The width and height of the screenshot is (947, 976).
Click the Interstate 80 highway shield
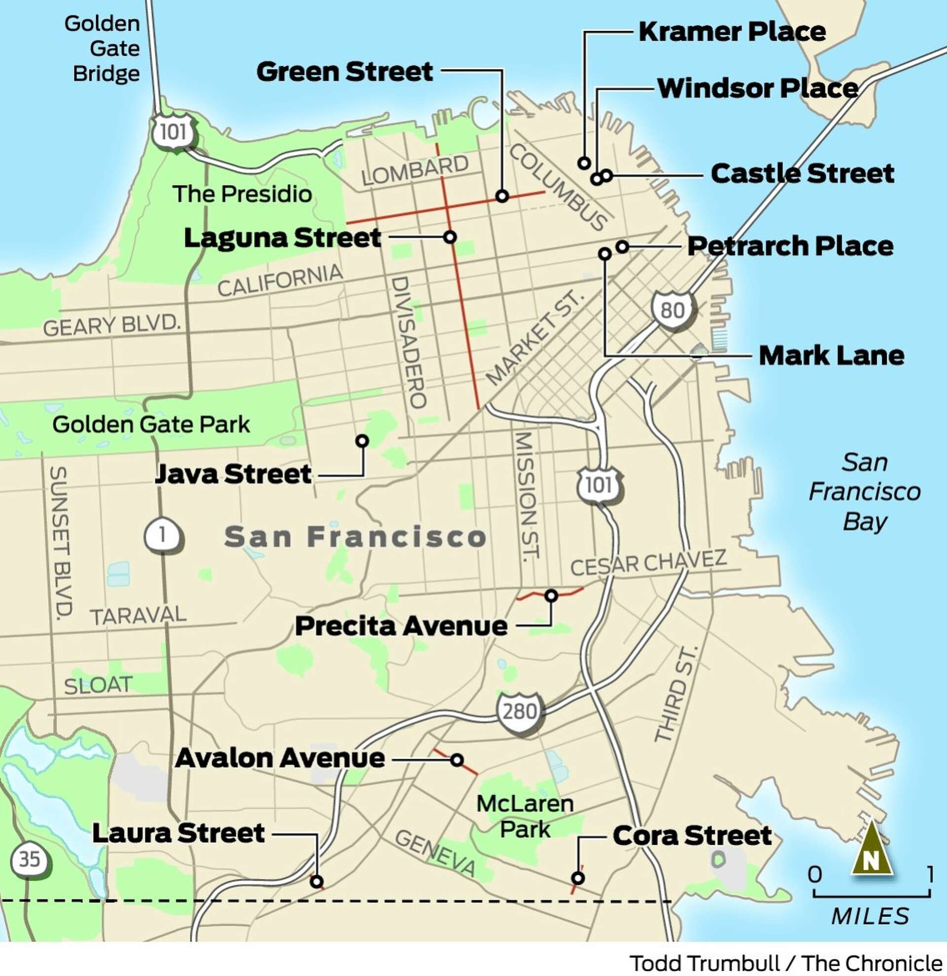(x=672, y=310)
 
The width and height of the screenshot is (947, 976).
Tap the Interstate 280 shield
(x=519, y=711)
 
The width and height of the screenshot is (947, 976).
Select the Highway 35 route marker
(x=30, y=859)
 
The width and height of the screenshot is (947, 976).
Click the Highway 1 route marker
(x=163, y=536)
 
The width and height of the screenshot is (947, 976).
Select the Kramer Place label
(x=732, y=32)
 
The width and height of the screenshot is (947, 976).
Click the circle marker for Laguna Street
(x=450, y=237)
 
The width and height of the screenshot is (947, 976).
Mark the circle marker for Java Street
(x=362, y=441)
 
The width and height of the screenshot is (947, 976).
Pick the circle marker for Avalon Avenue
(x=457, y=760)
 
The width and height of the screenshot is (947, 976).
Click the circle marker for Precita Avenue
(x=551, y=595)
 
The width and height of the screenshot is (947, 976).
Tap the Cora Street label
(x=692, y=836)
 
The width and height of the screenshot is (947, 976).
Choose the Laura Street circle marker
(x=317, y=882)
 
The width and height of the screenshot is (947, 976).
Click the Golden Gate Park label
(x=151, y=425)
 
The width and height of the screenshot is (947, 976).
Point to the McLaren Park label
(x=525, y=817)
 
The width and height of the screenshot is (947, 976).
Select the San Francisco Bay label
(x=865, y=492)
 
